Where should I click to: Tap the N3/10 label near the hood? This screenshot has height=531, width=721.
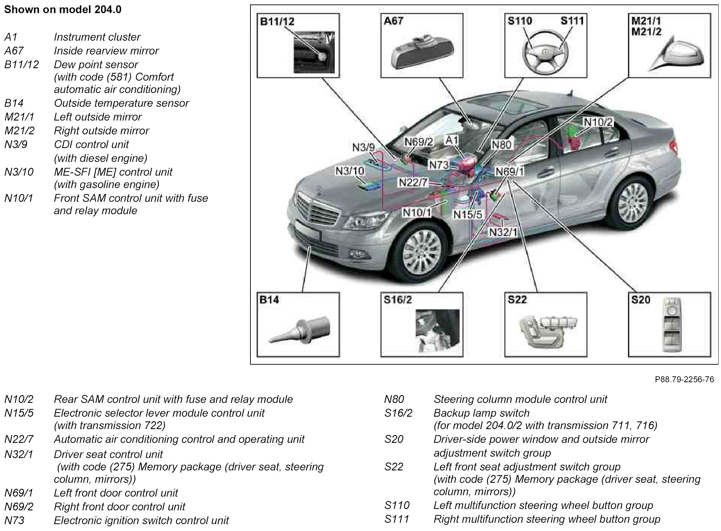(350, 171)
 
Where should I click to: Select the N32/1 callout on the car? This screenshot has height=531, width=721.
(503, 232)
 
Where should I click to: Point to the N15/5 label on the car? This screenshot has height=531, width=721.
(468, 214)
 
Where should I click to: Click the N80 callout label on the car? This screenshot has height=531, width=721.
(502, 145)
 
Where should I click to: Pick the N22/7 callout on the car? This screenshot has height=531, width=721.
(413, 183)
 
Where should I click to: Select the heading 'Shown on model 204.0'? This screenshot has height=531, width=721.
(63, 10)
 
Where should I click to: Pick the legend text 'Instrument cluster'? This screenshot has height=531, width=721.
(97, 37)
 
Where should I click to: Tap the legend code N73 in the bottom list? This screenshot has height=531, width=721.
(14, 520)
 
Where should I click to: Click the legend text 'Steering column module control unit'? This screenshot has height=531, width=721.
(520, 399)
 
